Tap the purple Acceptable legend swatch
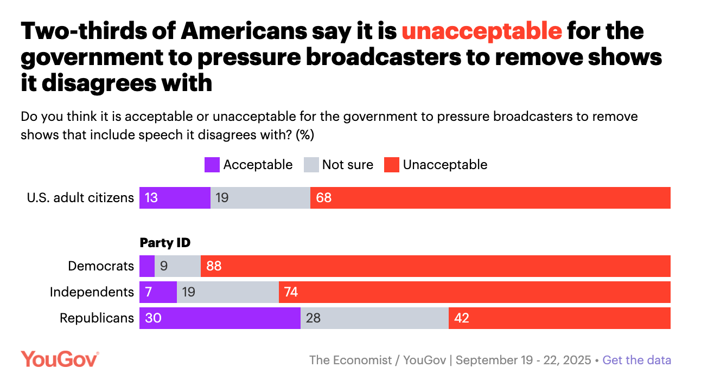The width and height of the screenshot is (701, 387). click(212, 165)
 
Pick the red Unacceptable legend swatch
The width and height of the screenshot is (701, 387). click(392, 165)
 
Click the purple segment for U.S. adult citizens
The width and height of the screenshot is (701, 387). click(175, 198)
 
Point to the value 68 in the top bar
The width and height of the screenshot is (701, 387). click(324, 198)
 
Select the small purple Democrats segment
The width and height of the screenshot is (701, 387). click(147, 266)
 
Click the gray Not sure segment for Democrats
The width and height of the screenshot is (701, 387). click(177, 266)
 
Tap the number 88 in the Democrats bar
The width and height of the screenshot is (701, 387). click(214, 266)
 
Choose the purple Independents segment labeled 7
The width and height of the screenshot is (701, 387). click(158, 292)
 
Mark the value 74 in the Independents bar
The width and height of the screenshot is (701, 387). click(291, 292)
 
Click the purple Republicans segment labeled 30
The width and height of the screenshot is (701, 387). click(220, 318)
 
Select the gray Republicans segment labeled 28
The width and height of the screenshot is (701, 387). click(374, 318)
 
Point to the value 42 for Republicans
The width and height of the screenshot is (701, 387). click(461, 318)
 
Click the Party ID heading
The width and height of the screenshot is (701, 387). click(165, 243)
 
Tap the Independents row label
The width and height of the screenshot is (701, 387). click(92, 292)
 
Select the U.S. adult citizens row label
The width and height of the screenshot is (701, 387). click(80, 198)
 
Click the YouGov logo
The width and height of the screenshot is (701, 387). click(60, 359)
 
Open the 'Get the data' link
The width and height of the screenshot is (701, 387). click(637, 360)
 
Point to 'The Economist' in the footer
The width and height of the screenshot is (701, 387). click(349, 360)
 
